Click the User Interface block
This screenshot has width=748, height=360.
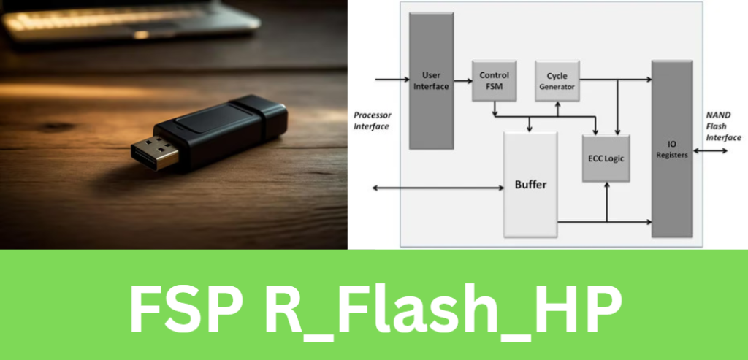430,80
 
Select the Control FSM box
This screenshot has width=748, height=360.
494,80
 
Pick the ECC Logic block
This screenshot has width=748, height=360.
606,158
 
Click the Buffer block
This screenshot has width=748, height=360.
530,184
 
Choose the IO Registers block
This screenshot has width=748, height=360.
671,148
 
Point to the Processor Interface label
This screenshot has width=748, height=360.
372,120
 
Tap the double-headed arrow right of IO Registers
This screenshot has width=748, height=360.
709,151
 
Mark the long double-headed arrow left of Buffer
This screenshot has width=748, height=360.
438,188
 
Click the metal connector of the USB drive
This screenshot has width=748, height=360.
155,150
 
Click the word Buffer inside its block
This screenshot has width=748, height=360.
530,184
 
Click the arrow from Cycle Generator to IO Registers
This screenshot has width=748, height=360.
614,79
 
